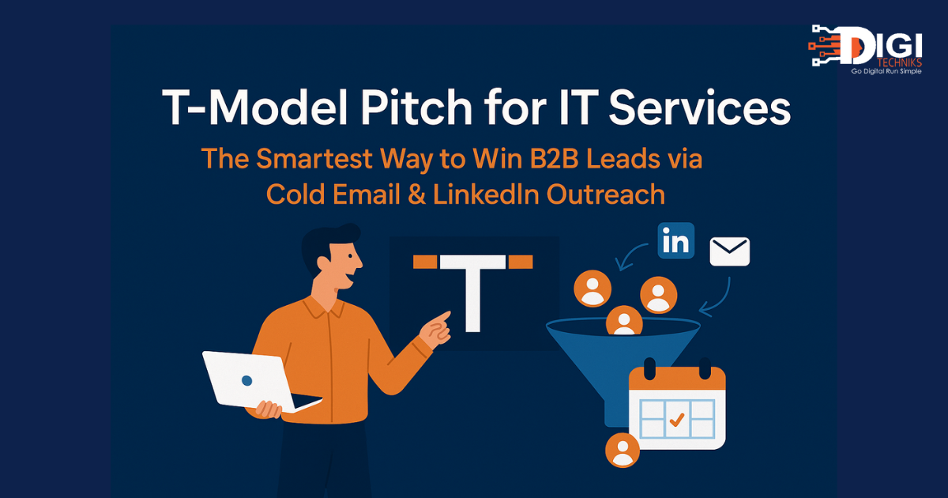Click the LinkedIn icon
[676, 240]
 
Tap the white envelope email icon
[730, 251]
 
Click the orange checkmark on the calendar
[677, 420]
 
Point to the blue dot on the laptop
[246, 380]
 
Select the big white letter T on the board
[472, 293]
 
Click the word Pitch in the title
[416, 108]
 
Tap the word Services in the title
[700, 108]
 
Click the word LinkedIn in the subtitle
[486, 194]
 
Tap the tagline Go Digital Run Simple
[886, 72]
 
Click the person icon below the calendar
[623, 450]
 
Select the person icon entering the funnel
[624, 321]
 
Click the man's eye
[349, 257]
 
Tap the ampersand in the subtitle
[416, 194]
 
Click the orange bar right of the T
[520, 262]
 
